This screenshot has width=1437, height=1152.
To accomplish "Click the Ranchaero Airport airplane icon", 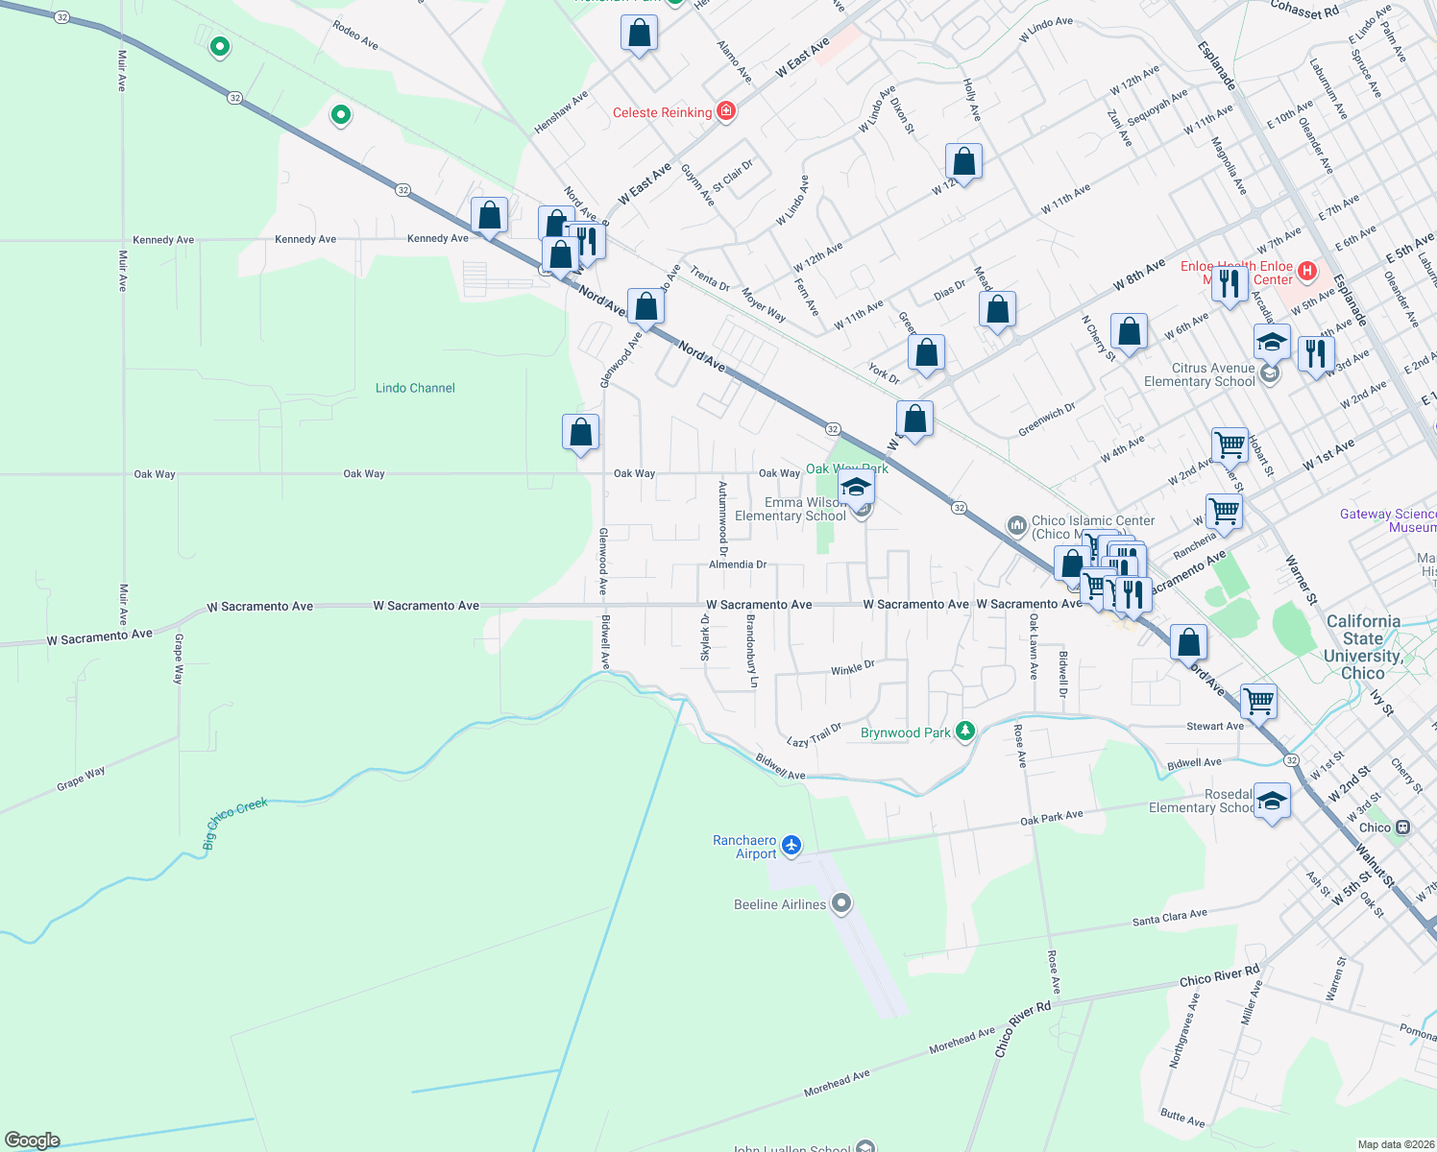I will click(x=792, y=845).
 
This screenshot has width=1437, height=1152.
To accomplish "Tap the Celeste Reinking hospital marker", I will click(x=726, y=111).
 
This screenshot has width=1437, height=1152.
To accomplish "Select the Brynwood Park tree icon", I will click(x=965, y=732).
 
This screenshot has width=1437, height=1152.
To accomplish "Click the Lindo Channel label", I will click(x=415, y=388).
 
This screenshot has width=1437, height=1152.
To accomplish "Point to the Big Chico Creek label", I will click(x=234, y=822).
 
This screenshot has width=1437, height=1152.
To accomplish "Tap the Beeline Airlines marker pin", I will click(x=841, y=903).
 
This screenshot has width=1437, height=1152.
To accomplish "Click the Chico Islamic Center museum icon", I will click(x=1016, y=525).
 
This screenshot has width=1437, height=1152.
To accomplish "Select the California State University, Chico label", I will click(x=1362, y=647).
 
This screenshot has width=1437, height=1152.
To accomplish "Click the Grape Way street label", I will click(x=81, y=778).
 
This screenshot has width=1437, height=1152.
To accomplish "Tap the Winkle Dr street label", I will click(x=852, y=668).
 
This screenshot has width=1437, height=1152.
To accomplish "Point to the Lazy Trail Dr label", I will click(x=814, y=735).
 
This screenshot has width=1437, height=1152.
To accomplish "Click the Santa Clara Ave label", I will click(x=1169, y=918).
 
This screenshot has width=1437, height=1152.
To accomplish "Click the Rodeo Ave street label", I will click(x=355, y=35).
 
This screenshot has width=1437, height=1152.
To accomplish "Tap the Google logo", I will click(x=33, y=1140).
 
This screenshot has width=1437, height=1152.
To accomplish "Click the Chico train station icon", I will click(x=1402, y=827).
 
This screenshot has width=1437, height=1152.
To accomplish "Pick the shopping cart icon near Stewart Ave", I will click(x=1258, y=700).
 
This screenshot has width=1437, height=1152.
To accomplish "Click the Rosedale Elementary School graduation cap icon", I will click(x=1272, y=801).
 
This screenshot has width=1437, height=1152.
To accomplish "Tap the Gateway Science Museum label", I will click(x=1388, y=520).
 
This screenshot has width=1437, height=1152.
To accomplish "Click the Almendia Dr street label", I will click(x=738, y=564).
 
